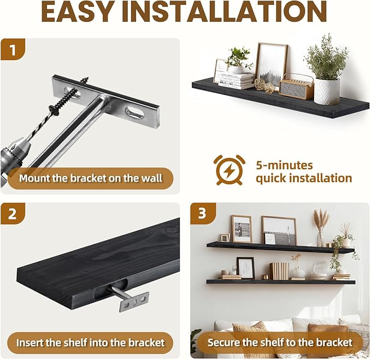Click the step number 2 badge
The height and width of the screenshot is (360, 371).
(x=14, y=214)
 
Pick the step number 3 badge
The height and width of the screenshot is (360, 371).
(x=202, y=214)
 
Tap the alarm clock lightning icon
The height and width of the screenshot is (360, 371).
(x=229, y=170)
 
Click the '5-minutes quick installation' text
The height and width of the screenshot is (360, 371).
(x=304, y=171)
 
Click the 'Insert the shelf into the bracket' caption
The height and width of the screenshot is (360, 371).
(x=90, y=342)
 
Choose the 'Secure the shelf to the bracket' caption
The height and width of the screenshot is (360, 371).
(x=279, y=342)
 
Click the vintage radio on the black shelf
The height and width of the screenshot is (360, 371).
(x=296, y=86)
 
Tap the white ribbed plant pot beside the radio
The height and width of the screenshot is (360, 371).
(x=327, y=91)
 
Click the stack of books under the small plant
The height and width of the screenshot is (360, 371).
(x=237, y=80)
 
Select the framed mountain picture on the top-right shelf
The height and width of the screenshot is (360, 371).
(x=272, y=63)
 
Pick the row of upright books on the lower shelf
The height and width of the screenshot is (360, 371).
(x=279, y=270)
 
